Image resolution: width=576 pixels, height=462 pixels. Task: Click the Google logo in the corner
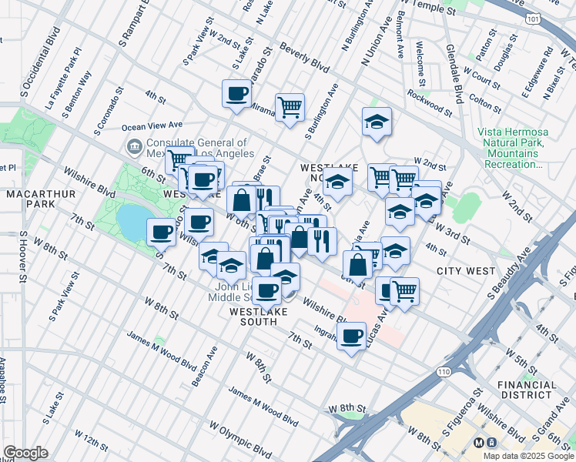coord(25,453)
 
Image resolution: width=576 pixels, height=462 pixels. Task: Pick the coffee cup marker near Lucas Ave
coord(352,336)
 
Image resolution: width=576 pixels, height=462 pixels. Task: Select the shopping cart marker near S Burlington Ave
coord(290,107)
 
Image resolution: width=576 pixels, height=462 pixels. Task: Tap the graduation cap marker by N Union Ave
coord(377,121)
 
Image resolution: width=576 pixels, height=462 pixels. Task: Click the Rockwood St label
coord(430,99)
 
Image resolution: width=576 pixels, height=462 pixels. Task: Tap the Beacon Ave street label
coord(204,364)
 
